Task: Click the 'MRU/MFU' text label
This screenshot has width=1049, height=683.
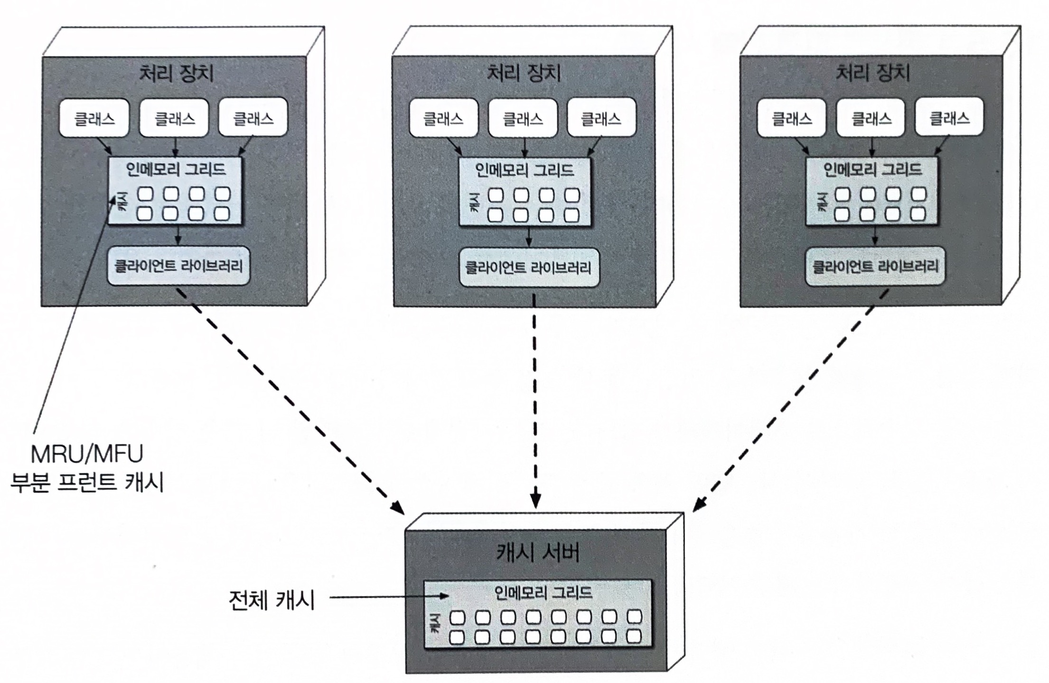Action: click(x=87, y=454)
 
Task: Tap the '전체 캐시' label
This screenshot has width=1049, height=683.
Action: click(x=272, y=599)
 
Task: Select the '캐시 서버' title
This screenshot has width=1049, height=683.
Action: click(x=538, y=553)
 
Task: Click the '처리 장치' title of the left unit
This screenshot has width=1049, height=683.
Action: click(x=176, y=74)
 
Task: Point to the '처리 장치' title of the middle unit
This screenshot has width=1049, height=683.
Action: click(x=524, y=73)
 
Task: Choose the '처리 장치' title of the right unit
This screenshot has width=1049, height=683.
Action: click(x=872, y=73)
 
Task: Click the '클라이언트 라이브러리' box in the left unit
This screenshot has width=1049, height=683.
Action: click(x=178, y=266)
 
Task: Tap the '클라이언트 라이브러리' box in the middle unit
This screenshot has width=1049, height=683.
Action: click(x=528, y=267)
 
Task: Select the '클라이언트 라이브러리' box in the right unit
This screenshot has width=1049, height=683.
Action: click(x=875, y=266)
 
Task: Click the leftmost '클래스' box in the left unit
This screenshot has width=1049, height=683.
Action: click(x=94, y=118)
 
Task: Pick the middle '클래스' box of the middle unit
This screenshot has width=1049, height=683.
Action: click(x=523, y=118)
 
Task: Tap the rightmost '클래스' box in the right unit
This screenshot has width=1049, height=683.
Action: click(x=949, y=117)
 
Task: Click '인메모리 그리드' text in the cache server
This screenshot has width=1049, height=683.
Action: click(x=543, y=593)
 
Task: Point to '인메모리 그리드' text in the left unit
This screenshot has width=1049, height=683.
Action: click(x=176, y=169)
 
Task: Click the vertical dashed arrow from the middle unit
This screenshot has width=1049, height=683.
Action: click(x=535, y=401)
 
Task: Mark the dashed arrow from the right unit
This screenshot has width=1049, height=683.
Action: click(x=790, y=401)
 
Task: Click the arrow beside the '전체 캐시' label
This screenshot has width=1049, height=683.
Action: click(x=389, y=597)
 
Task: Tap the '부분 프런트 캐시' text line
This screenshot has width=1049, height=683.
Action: click(x=87, y=483)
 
